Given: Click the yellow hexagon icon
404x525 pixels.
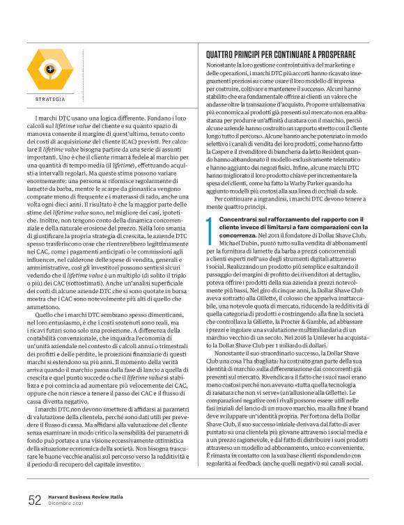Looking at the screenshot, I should click(x=49, y=70).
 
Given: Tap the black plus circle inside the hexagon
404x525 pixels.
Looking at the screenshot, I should click(x=49, y=69).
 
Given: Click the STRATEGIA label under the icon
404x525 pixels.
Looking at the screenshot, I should click(x=49, y=100).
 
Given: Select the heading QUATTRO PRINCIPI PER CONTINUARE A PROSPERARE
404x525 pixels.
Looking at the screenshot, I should click(x=289, y=54).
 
